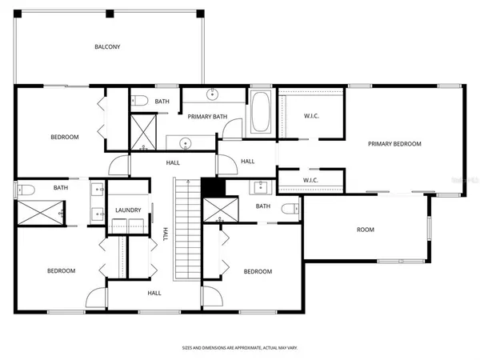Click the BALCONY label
click(x=107, y=47)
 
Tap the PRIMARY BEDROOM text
click(x=394, y=144)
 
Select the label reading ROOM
click(x=365, y=230)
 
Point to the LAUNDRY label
click(x=128, y=210)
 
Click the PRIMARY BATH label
click(x=208, y=117)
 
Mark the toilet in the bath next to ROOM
click(x=289, y=210)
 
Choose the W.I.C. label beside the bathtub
click(x=312, y=117)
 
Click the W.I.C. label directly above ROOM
click(x=312, y=180)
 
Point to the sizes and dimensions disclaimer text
click(x=239, y=350)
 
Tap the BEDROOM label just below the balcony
click(x=65, y=137)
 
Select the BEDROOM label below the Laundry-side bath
click(x=61, y=271)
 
